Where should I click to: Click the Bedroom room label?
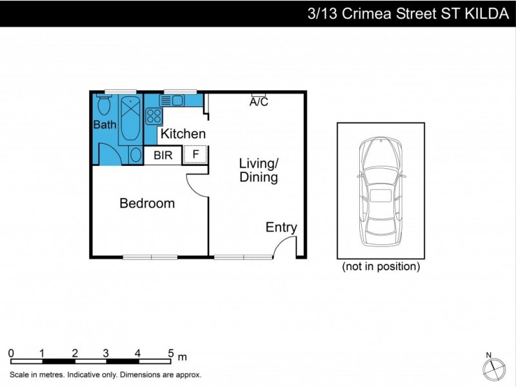[147, 204]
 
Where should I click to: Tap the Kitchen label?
[183, 134]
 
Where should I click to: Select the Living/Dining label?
[259, 170]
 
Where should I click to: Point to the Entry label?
[281, 227]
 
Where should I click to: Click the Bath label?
[104, 124]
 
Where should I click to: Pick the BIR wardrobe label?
[163, 155]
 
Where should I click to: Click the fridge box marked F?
[195, 155]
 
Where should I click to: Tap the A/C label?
[259, 102]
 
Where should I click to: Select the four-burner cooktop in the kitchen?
[154, 116]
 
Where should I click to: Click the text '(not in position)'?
[381, 266]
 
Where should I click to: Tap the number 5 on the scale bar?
[171, 353]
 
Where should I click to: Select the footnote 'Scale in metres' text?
[106, 374]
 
